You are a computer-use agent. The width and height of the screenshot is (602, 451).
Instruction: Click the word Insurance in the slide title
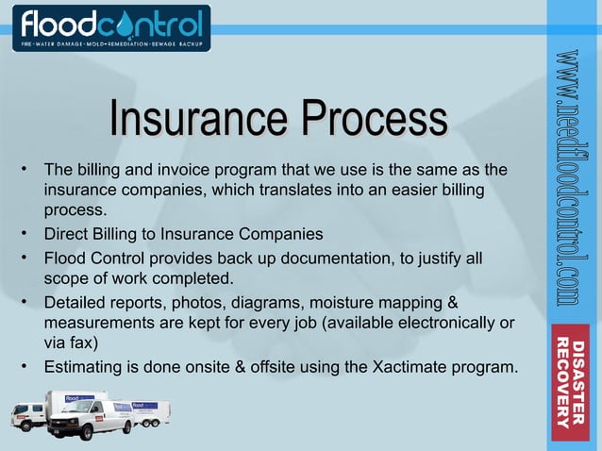(196, 121)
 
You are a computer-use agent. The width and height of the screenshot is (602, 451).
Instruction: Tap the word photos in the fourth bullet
(192, 303)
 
